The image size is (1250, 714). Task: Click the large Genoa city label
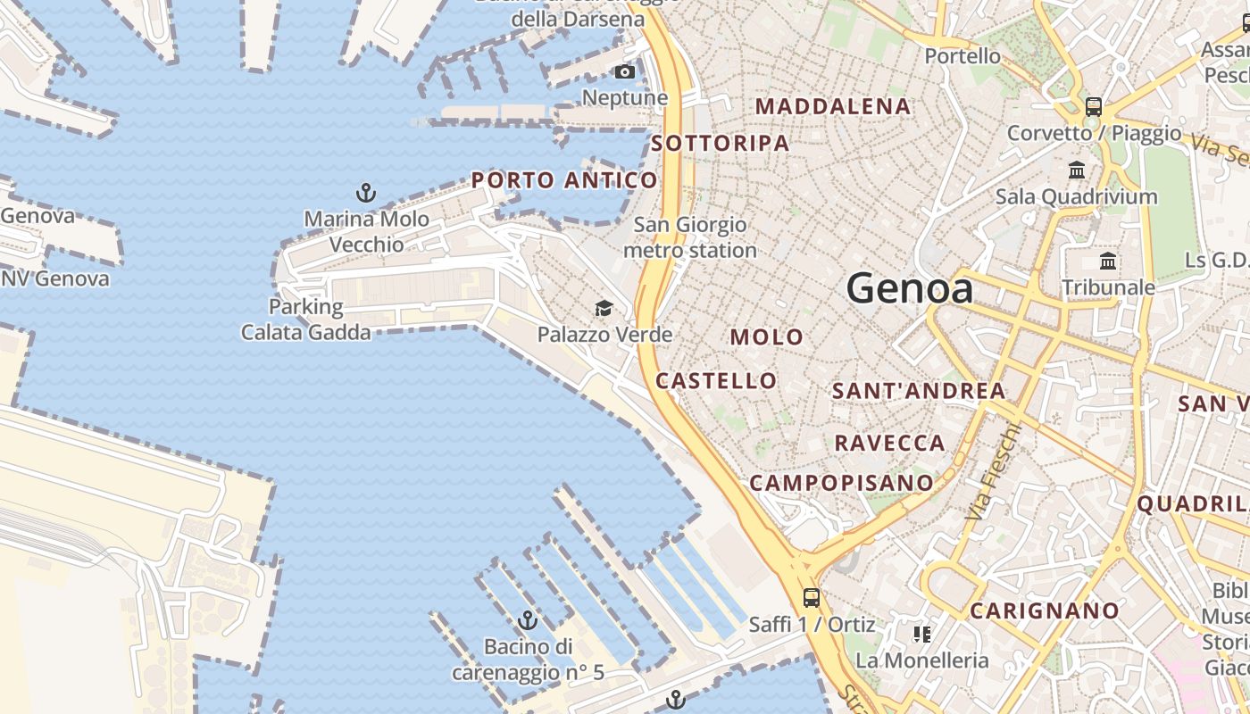pyautogui.click(x=909, y=288)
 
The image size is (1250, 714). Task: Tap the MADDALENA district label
pyautogui.click(x=833, y=106)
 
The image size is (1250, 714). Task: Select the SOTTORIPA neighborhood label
pyautogui.click(x=720, y=143)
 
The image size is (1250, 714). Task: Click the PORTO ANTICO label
pyautogui.click(x=564, y=180)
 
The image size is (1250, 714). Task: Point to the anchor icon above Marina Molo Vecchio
pyautogui.click(x=365, y=192)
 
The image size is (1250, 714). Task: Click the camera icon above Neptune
pyautogui.click(x=625, y=71)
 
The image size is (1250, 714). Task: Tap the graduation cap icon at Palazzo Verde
pyautogui.click(x=604, y=309)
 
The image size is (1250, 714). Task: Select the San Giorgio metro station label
pyautogui.click(x=689, y=237)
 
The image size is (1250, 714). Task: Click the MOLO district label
pyautogui.click(x=766, y=337)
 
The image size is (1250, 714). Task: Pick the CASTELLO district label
pyautogui.click(x=716, y=381)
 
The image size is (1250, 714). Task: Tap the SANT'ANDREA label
pyautogui.click(x=919, y=391)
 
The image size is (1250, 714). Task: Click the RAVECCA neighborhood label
pyautogui.click(x=889, y=443)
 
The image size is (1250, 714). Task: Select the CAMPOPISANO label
pyautogui.click(x=841, y=483)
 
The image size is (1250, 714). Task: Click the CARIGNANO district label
pyautogui.click(x=1044, y=611)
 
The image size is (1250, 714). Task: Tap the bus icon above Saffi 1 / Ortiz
pyautogui.click(x=811, y=598)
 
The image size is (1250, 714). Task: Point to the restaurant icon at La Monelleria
pyautogui.click(x=922, y=635)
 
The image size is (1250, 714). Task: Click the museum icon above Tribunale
pyautogui.click(x=1108, y=262)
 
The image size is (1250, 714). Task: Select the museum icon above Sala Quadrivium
pyautogui.click(x=1077, y=170)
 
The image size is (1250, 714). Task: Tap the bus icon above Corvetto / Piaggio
pyautogui.click(x=1093, y=107)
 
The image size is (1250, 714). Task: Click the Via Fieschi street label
pyautogui.click(x=992, y=472)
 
